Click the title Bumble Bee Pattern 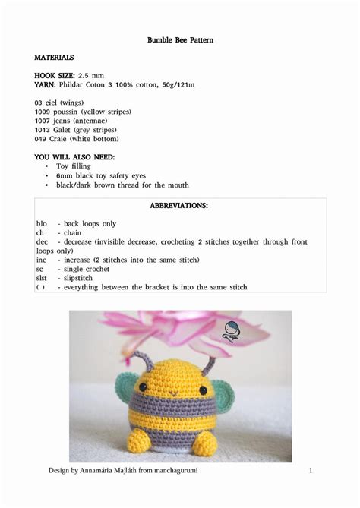[180, 39]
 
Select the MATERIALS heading [54, 58]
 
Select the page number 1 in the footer [311, 472]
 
